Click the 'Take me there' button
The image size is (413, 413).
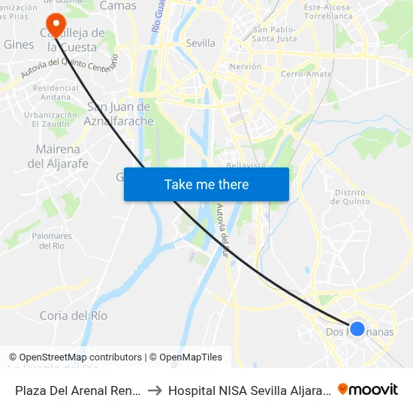pyautogui.click(x=206, y=184)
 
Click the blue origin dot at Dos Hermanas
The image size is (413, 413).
pyautogui.click(x=357, y=328)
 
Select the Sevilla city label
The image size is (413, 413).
pyautogui.click(x=200, y=44)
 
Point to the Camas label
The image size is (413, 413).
pyautogui.click(x=119, y=6)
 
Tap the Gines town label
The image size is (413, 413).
pyautogui.click(x=19, y=45)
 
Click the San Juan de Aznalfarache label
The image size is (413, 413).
pyautogui.click(x=120, y=113)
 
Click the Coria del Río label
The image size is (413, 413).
pyautogui.click(x=74, y=315)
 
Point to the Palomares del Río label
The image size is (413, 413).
pyautogui.click(x=52, y=240)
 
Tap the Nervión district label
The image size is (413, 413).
pyautogui.click(x=246, y=67)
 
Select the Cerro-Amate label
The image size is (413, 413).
pyautogui.click(x=302, y=74)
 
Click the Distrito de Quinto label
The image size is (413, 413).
pyautogui.click(x=351, y=197)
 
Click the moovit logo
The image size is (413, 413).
pyautogui.click(x=368, y=389)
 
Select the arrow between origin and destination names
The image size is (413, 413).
pyautogui.click(x=153, y=390)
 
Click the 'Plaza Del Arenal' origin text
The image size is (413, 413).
pyautogui.click(x=74, y=390)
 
